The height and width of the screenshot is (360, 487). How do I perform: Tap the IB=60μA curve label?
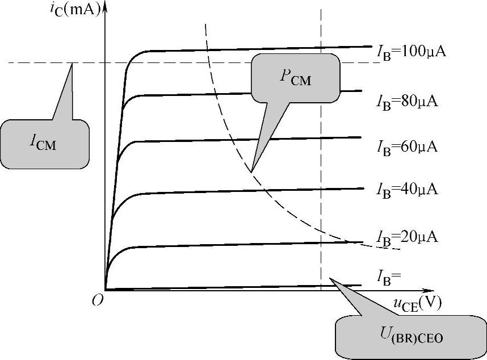tap(408, 146)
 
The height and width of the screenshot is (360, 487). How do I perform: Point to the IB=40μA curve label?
tap(408, 188)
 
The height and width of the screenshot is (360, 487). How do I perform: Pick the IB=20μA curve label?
tap(408, 237)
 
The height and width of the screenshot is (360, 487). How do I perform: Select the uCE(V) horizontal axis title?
tap(417, 305)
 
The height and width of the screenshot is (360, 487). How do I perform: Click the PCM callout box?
tap(295, 78)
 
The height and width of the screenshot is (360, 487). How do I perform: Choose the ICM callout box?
tap(45, 143)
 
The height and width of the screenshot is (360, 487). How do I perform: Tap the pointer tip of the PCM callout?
tap(251, 171)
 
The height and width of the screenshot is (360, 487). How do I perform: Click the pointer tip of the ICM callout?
tap(72, 64)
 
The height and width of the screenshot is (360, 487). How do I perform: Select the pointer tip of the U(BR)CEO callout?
tap(330, 279)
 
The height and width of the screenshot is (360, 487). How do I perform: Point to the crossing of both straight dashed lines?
tap(321, 62)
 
